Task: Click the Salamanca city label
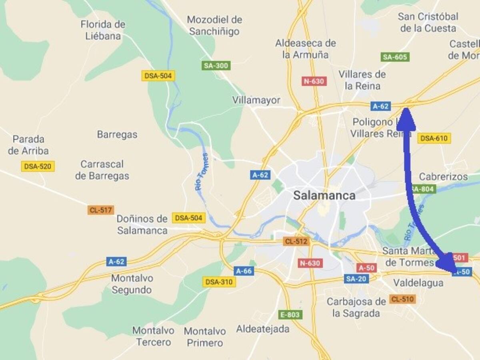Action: [x=324, y=196]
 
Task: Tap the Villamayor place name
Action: [x=256, y=100]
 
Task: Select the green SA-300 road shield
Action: [x=216, y=66]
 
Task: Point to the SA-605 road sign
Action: [x=395, y=57]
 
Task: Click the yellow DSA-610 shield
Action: [x=434, y=138]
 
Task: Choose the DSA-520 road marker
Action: [x=38, y=166]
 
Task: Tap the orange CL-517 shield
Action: [x=101, y=210]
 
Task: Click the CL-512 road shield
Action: [x=296, y=241]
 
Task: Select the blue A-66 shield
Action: [x=244, y=271]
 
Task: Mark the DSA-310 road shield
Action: [x=219, y=282]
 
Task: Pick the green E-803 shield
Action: [x=290, y=315]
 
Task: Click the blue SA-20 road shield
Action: [x=356, y=279]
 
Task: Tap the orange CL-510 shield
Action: [x=403, y=299]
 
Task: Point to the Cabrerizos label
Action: [x=443, y=176]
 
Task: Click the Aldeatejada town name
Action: [x=263, y=329]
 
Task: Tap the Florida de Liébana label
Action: [x=103, y=30]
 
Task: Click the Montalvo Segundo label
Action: [x=132, y=284]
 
